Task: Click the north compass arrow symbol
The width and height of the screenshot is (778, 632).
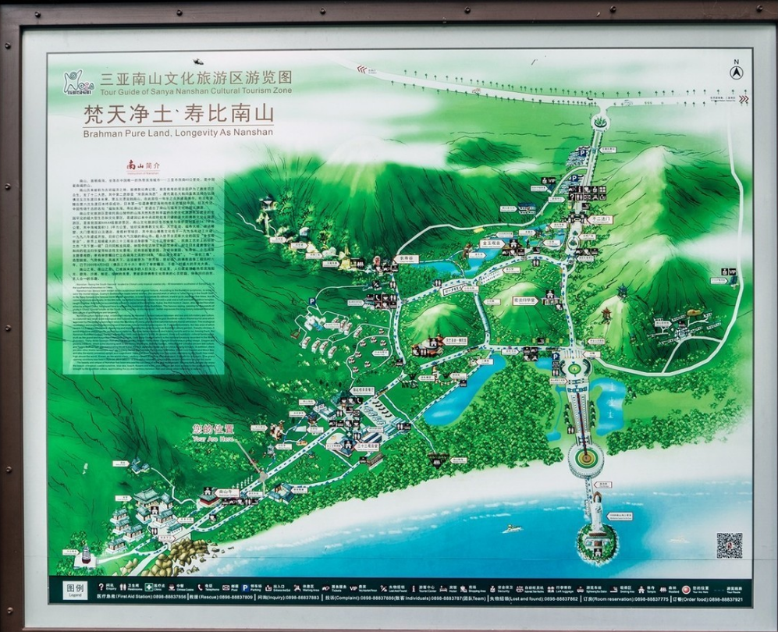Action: tap(735, 72)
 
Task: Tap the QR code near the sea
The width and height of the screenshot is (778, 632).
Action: tap(729, 545)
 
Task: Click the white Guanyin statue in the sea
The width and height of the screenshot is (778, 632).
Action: tap(597, 510)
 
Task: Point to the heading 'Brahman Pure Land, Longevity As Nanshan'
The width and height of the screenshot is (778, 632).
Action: tap(178, 133)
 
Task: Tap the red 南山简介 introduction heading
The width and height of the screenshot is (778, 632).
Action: tap(142, 165)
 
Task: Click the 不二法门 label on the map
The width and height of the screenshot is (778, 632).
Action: tap(601, 220)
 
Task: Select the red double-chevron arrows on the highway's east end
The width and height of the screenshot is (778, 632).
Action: tap(743, 100)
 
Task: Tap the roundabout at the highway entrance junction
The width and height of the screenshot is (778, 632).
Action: tap(599, 122)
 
